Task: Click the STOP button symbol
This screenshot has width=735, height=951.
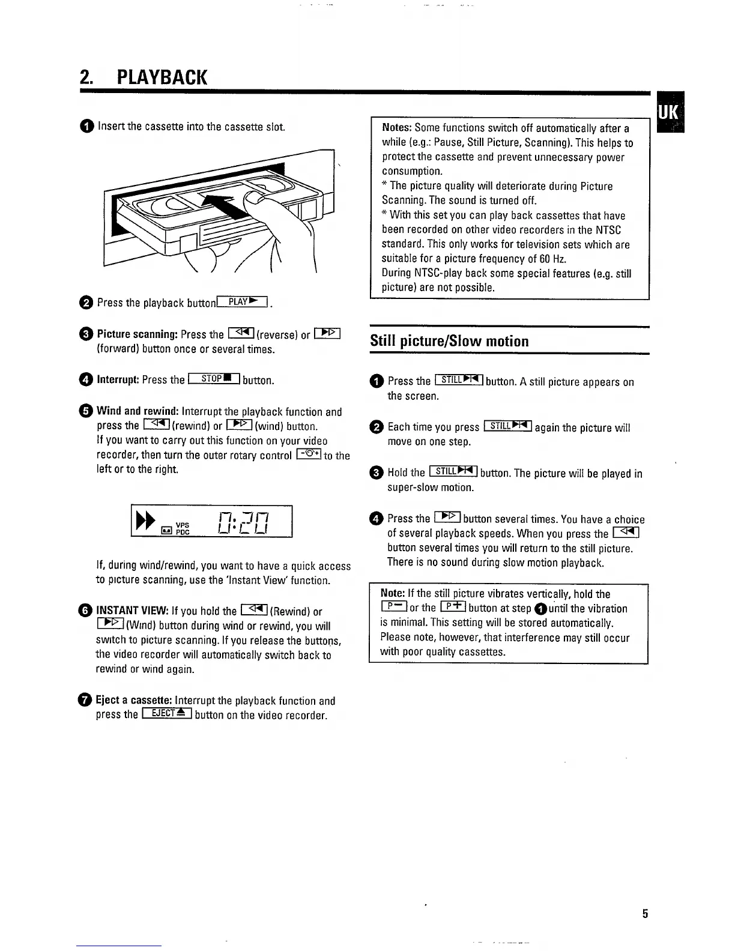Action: (214, 379)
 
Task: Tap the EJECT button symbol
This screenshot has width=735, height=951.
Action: (166, 714)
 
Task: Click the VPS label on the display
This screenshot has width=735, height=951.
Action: (183, 524)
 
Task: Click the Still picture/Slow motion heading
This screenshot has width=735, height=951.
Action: (449, 341)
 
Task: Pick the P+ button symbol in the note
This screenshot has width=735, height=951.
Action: (453, 608)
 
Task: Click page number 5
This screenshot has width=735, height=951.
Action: (645, 914)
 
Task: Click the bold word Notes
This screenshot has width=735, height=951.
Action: (396, 128)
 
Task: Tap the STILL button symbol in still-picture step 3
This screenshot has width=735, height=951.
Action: (453, 472)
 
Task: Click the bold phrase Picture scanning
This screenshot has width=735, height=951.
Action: (137, 334)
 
